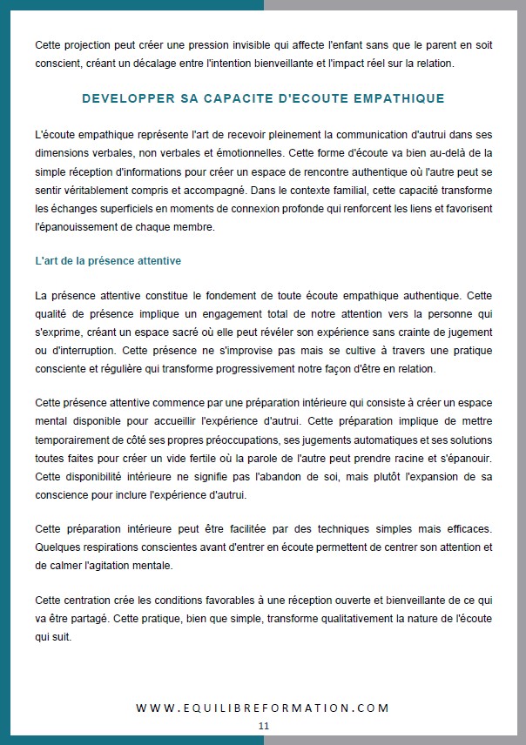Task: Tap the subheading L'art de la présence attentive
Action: pyautogui.click(x=108, y=260)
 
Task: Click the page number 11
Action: pyautogui.click(x=263, y=725)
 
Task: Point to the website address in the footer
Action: pyautogui.click(x=263, y=708)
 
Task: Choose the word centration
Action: pyautogui.click(x=89, y=601)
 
